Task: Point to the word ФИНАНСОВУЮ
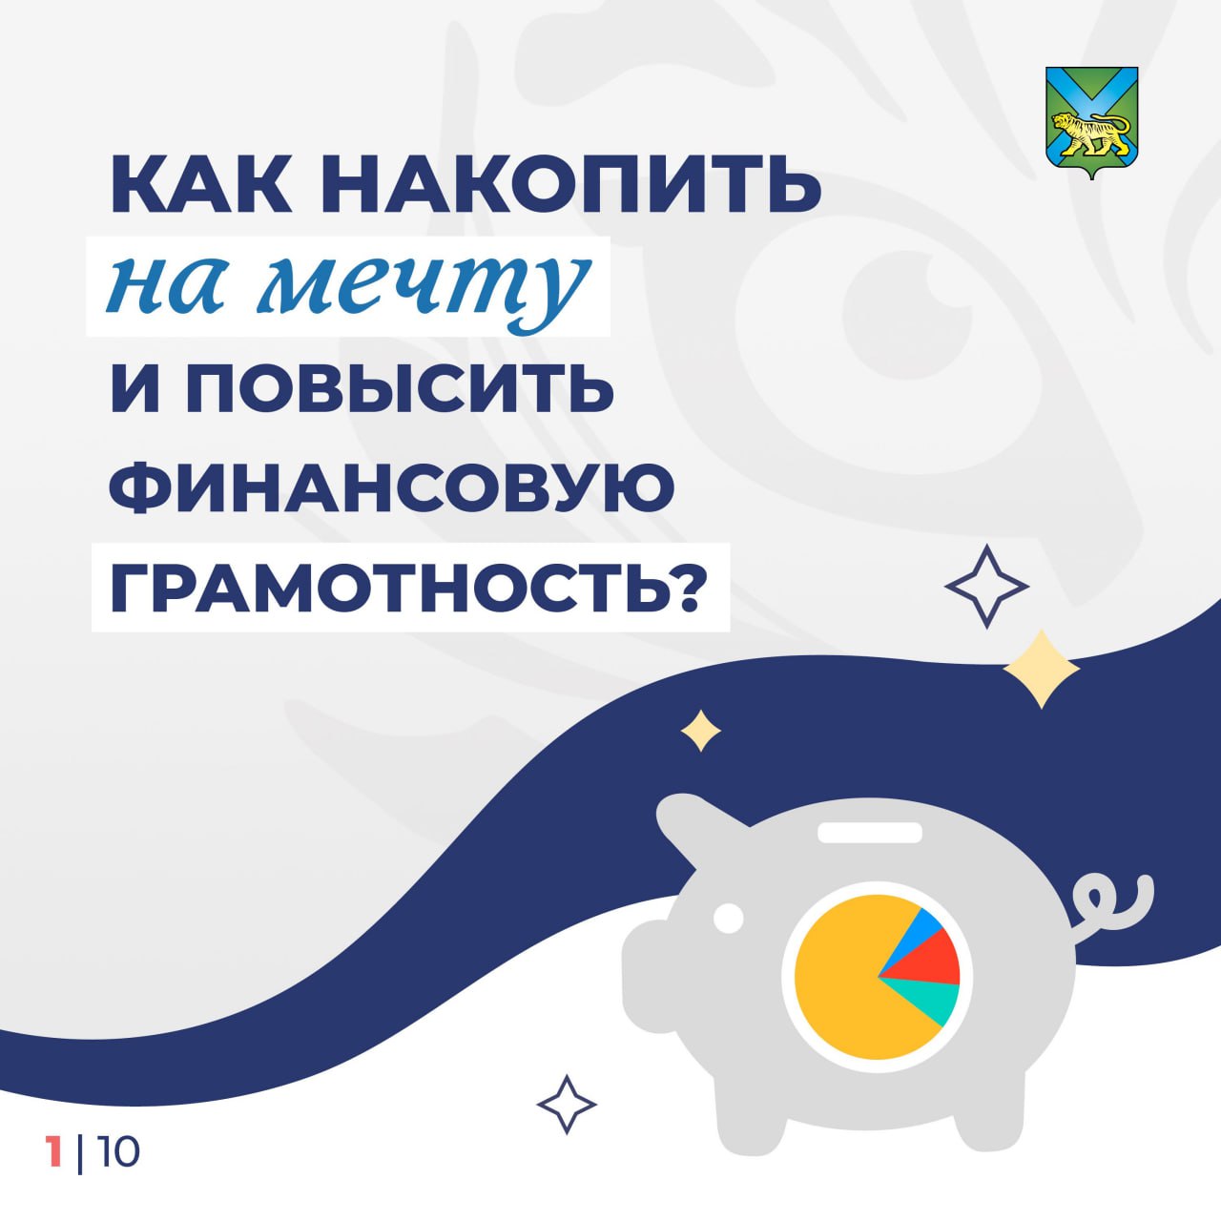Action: coord(392,487)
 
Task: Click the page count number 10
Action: coord(118,1152)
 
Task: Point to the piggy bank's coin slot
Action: coord(869,832)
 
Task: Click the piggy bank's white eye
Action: coord(729,918)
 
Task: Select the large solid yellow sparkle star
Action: coord(1041,669)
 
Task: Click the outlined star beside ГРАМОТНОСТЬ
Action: coord(986,586)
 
